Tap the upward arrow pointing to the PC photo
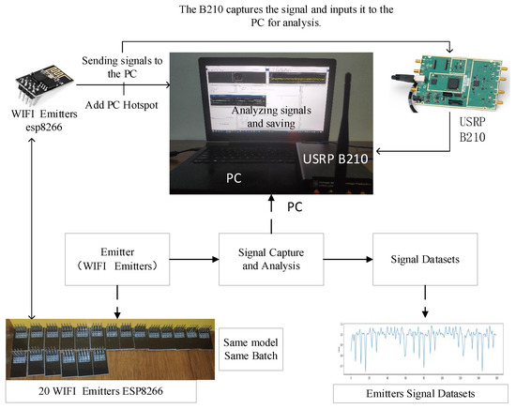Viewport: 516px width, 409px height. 272,211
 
